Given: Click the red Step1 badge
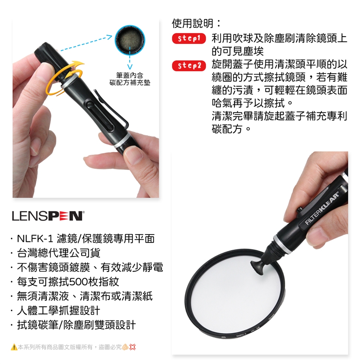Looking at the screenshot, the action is pyautogui.click(x=189, y=38).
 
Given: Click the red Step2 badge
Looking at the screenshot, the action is pyautogui.click(x=189, y=66).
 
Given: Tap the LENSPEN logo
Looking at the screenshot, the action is pyautogui.click(x=48, y=216).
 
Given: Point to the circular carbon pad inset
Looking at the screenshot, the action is pyautogui.click(x=130, y=40).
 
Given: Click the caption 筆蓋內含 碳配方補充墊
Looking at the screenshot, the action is pyautogui.click(x=130, y=79).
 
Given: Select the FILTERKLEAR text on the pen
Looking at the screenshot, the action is pyautogui.click(x=322, y=208).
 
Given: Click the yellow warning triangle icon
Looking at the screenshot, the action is pyautogui.click(x=14, y=347).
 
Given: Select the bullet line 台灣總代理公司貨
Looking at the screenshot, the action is pyautogui.click(x=58, y=253).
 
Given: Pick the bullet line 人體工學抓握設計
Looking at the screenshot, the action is pyautogui.click(x=58, y=310).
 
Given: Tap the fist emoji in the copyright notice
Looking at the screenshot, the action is pyautogui.click(x=125, y=347).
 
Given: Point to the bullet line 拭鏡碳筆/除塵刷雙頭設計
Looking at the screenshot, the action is pyautogui.click(x=76, y=325).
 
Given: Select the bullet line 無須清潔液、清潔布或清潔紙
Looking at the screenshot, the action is pyautogui.click(x=85, y=296).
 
